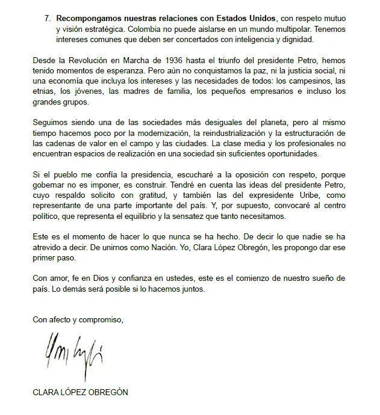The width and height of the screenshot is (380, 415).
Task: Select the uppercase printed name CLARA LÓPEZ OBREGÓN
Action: click(81, 392)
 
